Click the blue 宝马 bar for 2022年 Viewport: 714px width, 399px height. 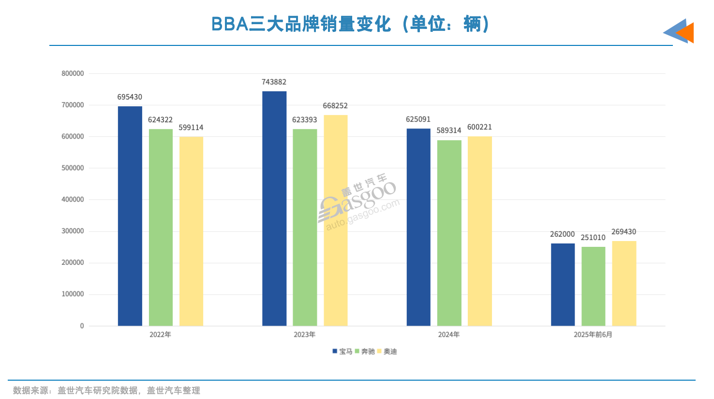pyautogui.click(x=130, y=216)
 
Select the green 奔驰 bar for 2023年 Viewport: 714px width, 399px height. pyautogui.click(x=305, y=227)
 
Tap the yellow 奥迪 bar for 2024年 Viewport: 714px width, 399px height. pyautogui.click(x=479, y=231)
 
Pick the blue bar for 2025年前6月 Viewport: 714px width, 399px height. pyautogui.click(x=563, y=285)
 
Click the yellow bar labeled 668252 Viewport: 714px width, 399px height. pyautogui.click(x=335, y=220)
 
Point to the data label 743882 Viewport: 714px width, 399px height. pyautogui.click(x=274, y=82)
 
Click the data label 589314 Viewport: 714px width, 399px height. pyautogui.click(x=449, y=130)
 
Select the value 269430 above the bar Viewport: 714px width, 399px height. pyautogui.click(x=624, y=232)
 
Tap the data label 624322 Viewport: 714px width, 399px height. pyautogui.click(x=160, y=120)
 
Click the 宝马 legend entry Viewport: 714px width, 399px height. pyautogui.click(x=342, y=352)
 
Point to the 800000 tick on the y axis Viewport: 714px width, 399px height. pyautogui.click(x=73, y=73)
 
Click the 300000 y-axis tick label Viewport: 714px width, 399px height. pyautogui.click(x=73, y=231)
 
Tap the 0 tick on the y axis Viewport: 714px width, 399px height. pyautogui.click(x=82, y=326)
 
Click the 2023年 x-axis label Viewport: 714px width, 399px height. pyautogui.click(x=304, y=335)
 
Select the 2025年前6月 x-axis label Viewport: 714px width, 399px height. pyautogui.click(x=593, y=335)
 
